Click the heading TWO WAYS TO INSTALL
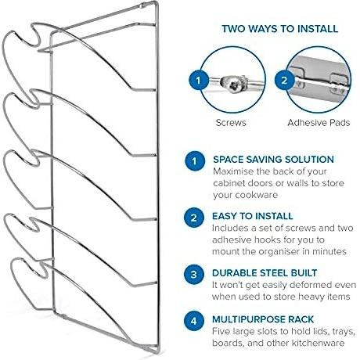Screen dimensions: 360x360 coord(280,29)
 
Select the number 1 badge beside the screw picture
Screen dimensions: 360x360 coord(199,80)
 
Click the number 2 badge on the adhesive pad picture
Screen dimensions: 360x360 coord(284,80)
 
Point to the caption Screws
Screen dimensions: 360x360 coord(231,123)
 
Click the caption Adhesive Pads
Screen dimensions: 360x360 coord(319,123)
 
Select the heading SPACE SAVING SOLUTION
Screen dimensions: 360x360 coord(273,160)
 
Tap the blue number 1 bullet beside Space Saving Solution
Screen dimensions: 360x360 coord(195,161)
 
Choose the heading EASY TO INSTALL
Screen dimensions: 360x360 coord(253,216)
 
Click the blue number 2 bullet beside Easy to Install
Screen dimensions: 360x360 coord(193,218)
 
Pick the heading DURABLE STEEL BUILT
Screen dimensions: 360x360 coord(265,273)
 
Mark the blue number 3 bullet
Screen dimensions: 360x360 coord(193,275)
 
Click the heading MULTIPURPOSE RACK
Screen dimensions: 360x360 coord(263,319)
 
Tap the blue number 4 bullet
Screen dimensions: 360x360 coord(193,321)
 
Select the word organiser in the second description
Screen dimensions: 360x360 coord(279,251)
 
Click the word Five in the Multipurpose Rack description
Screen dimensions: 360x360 coord(221,331)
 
